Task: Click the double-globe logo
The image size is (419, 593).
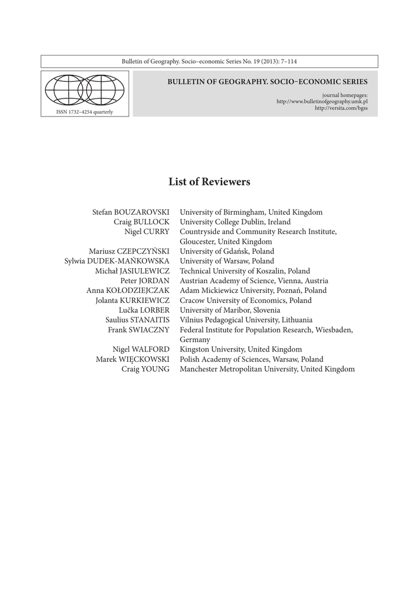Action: (84, 90)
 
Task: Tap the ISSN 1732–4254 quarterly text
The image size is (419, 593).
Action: (84, 112)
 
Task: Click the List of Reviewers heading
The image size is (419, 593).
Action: (209, 182)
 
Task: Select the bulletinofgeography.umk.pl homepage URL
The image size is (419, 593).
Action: (322, 101)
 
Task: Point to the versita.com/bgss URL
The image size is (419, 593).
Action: (341, 108)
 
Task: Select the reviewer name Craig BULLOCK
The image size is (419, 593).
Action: (142, 222)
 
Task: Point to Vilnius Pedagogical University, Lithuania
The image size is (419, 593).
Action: (246, 320)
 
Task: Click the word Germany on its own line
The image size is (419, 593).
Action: (195, 339)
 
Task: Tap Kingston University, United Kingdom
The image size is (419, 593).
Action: (241, 349)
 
